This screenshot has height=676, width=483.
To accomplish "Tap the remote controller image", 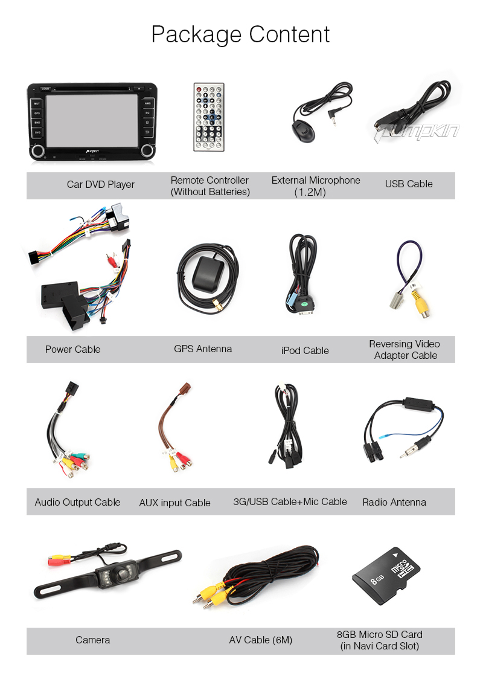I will [208, 117].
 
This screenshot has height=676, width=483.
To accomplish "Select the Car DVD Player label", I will [100, 184].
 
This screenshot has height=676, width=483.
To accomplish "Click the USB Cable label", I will [409, 184].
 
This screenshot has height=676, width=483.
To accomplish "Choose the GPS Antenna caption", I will [202, 349].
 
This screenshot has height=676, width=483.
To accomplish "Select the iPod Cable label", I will [305, 350].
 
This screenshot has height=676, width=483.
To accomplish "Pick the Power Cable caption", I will [72, 349].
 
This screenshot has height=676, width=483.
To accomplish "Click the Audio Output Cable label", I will [77, 502].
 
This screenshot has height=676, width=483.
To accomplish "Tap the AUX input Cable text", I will [174, 503].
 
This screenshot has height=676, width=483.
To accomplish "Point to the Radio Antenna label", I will [394, 502].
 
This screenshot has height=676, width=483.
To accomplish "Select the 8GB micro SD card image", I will [386, 576].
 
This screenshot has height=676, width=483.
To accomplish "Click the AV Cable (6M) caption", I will [260, 640].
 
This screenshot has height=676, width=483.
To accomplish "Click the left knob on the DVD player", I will [37, 150].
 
